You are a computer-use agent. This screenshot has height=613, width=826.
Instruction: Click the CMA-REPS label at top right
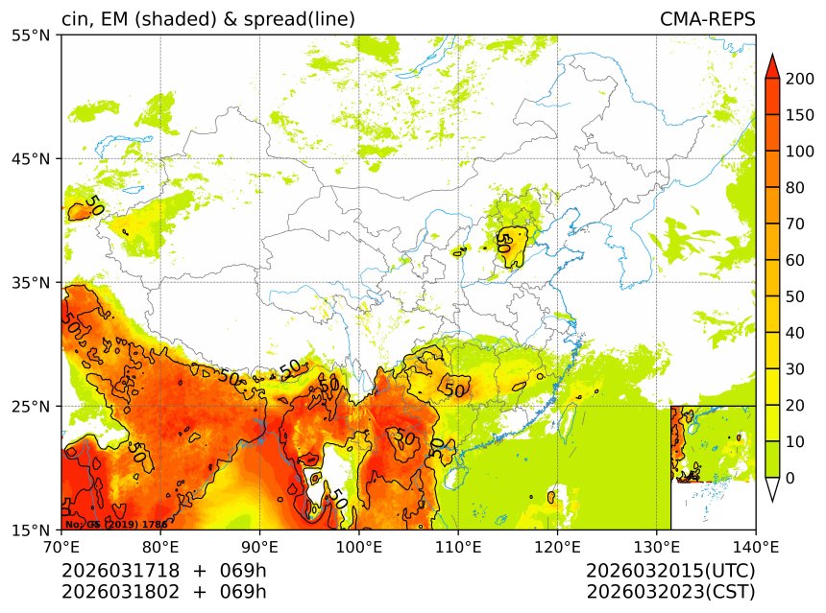point(707,19)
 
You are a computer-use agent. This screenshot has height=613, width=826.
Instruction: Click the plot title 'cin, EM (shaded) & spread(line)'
point(208,19)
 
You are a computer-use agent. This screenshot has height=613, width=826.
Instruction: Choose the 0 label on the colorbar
point(790,478)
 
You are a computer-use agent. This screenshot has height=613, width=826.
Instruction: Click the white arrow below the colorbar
point(771,489)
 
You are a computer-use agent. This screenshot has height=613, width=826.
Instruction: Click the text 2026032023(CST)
point(670,591)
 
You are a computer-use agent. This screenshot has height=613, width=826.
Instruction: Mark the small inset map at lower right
point(713,467)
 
